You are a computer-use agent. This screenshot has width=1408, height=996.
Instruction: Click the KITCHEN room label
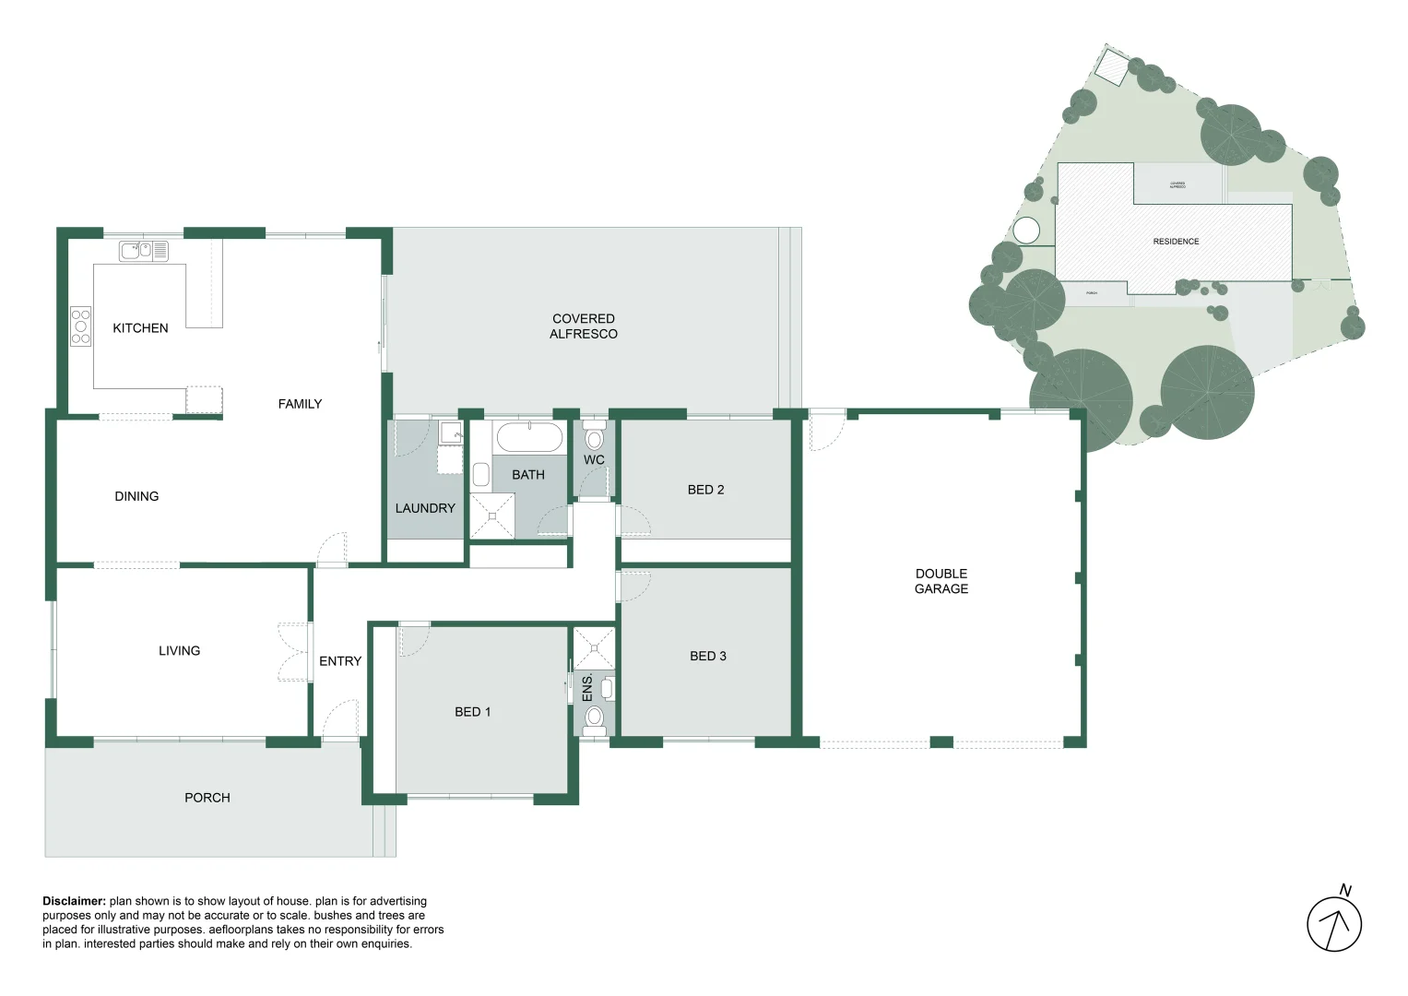140,328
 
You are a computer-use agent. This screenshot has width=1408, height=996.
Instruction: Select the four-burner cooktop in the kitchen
81,326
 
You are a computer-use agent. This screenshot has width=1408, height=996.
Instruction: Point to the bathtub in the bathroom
529,437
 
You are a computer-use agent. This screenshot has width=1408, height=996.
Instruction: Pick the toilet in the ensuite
595,717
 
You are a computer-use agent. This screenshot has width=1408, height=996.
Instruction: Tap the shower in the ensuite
594,648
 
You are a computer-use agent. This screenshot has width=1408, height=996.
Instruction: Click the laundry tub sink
451,433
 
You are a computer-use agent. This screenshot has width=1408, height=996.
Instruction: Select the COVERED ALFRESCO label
584,326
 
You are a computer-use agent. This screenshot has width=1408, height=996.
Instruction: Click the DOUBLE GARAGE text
941,581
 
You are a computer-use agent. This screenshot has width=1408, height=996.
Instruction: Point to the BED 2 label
705,490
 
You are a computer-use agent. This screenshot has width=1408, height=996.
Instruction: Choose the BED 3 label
707,656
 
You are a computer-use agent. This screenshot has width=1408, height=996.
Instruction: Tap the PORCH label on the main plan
207,798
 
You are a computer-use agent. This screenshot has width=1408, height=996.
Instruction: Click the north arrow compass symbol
1334,923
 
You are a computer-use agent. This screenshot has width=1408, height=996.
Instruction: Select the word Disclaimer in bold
74,901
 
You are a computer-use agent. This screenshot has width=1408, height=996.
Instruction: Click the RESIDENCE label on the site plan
1176,242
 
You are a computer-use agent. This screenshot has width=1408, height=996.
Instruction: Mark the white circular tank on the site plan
1026,231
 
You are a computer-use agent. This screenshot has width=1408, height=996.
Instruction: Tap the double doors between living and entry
295,652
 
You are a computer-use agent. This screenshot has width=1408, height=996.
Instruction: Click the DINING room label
136,496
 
